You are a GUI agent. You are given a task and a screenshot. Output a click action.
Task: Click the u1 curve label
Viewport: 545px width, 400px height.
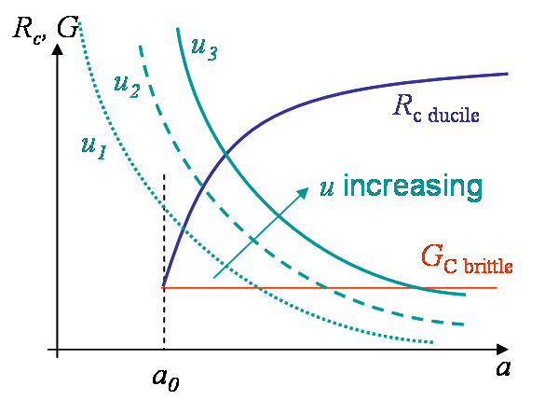click(x=94, y=148)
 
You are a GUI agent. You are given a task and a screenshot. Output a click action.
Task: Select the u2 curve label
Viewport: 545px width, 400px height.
click(x=127, y=87)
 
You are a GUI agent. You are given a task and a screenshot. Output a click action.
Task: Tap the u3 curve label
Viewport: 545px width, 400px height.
click(x=204, y=49)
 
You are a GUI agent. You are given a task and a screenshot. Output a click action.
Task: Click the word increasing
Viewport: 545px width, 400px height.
click(x=413, y=187)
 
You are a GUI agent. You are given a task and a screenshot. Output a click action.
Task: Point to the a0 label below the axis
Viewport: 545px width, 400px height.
click(x=166, y=379)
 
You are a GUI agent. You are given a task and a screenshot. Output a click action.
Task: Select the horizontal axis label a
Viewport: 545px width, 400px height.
click(x=503, y=368)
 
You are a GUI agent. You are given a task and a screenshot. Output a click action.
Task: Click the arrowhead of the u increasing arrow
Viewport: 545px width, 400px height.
click(x=303, y=193)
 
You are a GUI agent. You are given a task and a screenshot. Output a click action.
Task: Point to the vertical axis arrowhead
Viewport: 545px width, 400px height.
click(x=58, y=49)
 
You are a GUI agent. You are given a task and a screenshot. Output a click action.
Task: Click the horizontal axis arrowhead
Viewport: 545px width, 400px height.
click(x=502, y=350)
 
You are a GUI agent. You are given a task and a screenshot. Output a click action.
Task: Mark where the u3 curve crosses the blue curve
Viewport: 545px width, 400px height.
click(x=226, y=154)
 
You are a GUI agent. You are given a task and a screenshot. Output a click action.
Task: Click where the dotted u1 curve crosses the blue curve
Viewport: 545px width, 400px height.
click(x=183, y=228)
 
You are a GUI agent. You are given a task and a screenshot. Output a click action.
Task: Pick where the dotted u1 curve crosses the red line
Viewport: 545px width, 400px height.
click(x=258, y=288)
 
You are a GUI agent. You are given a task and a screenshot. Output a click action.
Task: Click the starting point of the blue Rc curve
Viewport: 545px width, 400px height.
click(x=163, y=287)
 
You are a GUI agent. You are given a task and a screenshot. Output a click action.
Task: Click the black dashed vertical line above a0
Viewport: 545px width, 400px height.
click(x=164, y=261)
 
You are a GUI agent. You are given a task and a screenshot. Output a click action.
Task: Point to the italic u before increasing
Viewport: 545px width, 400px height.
click(x=327, y=190)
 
